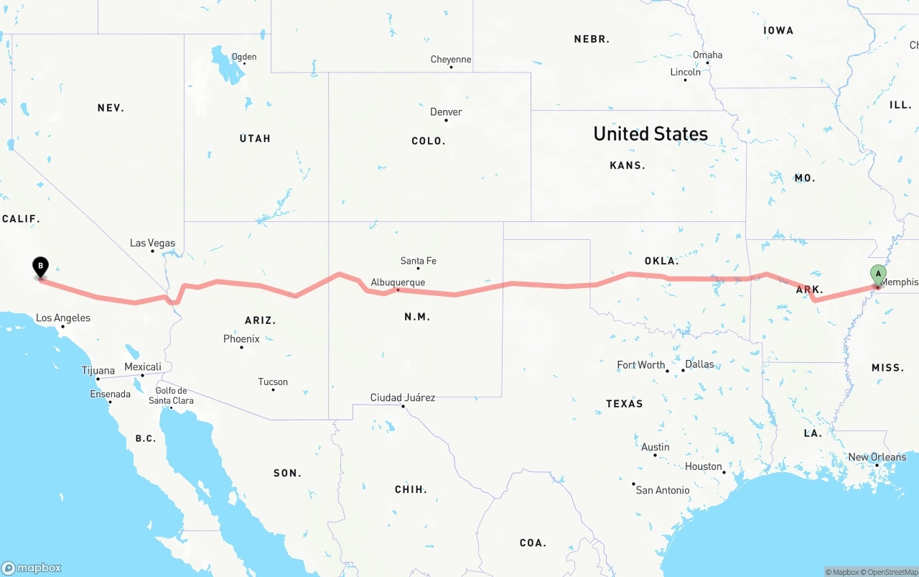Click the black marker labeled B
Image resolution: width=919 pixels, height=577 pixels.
[41, 267]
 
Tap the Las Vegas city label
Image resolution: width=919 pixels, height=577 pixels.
[152, 243]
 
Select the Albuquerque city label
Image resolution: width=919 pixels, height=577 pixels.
[398, 282]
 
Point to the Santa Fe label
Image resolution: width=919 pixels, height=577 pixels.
[418, 261]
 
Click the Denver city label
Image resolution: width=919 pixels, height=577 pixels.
[446, 112]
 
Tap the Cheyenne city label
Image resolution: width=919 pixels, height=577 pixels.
[451, 60]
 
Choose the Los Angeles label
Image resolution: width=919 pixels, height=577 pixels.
[63, 318]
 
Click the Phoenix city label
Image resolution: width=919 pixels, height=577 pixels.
[241, 338]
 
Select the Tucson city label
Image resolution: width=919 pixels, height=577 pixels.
[273, 382]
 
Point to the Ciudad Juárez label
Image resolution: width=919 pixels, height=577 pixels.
[402, 397]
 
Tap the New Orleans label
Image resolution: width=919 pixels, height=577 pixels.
[877, 457]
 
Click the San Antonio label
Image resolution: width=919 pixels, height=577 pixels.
[663, 490]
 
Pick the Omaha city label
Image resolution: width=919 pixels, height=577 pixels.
[707, 55]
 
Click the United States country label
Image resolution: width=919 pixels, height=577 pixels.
[650, 134]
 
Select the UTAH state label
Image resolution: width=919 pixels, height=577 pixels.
[255, 138]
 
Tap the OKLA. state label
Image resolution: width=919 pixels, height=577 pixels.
[661, 261]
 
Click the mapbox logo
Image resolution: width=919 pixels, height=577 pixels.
[32, 568]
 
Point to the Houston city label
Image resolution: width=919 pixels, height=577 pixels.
[703, 466]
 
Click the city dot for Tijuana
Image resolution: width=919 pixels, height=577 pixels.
[98, 379]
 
